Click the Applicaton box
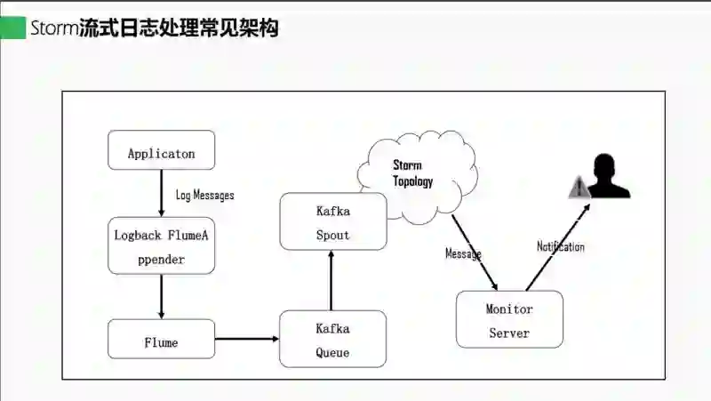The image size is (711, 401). click(161, 150)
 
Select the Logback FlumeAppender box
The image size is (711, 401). click(161, 245)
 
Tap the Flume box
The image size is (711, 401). click(161, 340)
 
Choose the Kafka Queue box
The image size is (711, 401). click(332, 339)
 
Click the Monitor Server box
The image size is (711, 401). click(509, 319)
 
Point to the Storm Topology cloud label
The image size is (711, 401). click(412, 173)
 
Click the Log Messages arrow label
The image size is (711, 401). click(204, 195)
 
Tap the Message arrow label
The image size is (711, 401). click(463, 253)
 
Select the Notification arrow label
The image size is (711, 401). click(560, 246)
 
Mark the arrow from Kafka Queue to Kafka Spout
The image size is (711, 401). click(332, 280)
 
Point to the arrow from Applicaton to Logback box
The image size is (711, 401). click(161, 193)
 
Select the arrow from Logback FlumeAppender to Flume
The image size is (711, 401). click(161, 297)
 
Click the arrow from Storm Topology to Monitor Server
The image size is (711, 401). click(475, 253)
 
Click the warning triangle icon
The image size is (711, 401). click(579, 187)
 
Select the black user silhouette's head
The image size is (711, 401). click(605, 165)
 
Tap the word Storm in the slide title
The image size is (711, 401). click(54, 28)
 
